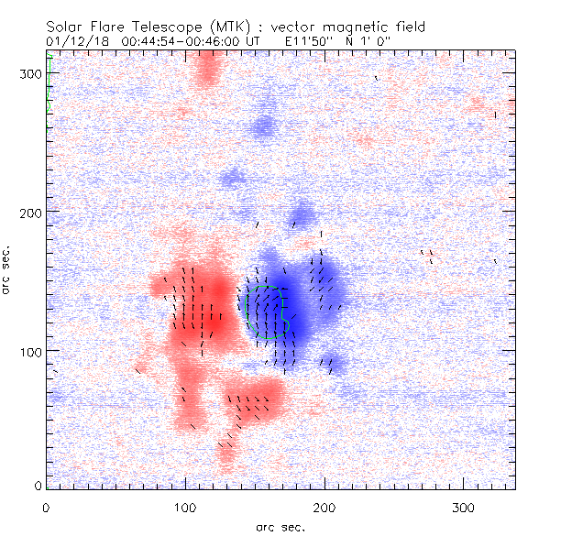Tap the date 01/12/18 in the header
tap(76, 41)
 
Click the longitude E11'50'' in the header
tap(308, 41)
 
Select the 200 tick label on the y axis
tap(30, 212)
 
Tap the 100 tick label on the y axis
tap(30, 351)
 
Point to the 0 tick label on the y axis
tap(38, 485)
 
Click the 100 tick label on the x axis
tap(185, 507)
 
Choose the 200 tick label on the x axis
tap(324, 507)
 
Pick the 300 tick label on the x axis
tap(464, 507)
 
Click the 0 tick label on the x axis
tap(46, 507)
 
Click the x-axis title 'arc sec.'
tap(280, 527)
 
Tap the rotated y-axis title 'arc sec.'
tap(8, 269)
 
